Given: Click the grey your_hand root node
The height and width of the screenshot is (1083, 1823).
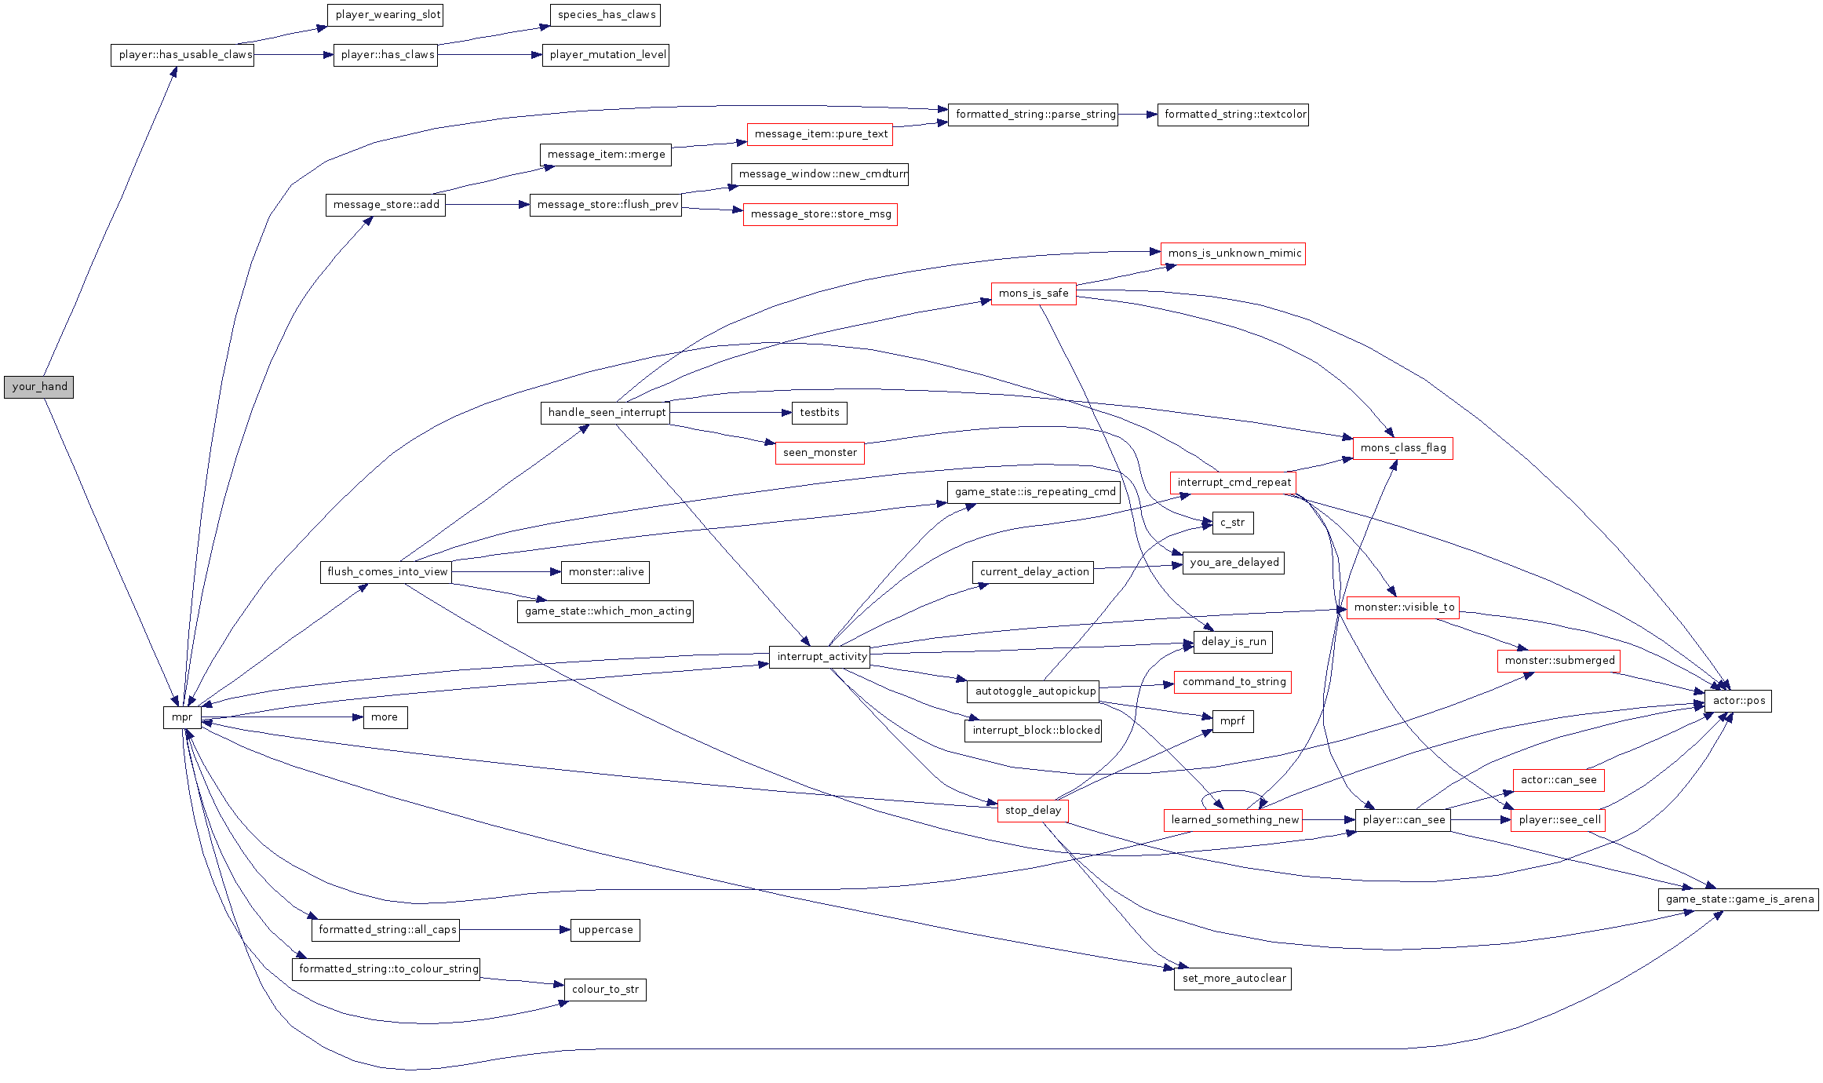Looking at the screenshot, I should tap(38, 387).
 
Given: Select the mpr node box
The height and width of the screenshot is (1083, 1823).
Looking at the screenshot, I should tap(182, 717).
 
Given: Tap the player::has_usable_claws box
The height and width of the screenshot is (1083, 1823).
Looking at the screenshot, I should tap(182, 55).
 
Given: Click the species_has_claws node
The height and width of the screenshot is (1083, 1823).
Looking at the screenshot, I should tap(606, 15).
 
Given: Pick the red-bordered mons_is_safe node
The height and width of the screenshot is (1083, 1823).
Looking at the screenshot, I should tap(1033, 294).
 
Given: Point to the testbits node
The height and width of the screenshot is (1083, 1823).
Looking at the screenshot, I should tap(819, 413).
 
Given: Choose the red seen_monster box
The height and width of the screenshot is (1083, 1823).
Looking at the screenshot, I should tap(819, 453).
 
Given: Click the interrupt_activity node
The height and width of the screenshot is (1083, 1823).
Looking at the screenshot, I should tap(821, 657).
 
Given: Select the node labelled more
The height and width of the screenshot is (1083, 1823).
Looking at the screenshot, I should tap(385, 717).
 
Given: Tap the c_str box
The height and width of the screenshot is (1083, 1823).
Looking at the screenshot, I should tap(1232, 523).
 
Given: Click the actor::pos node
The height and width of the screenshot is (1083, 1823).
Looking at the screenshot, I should tap(1738, 701).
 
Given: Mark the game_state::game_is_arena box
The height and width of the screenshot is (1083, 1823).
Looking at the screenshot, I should tap(1738, 899).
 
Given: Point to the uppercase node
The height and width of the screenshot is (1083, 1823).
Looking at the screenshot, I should tap(605, 930).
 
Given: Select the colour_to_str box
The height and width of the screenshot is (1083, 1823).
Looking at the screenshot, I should tap(605, 990).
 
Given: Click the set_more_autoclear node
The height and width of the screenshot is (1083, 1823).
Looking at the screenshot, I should tap(1233, 979).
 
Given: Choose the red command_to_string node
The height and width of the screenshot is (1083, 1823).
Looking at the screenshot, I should tap(1233, 682).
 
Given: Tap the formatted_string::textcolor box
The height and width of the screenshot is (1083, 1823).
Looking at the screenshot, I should tap(1233, 115).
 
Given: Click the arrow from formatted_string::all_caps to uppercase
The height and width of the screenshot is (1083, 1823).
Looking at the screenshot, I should tap(515, 930).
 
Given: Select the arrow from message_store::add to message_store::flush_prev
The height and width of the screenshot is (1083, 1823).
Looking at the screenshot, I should tap(487, 205).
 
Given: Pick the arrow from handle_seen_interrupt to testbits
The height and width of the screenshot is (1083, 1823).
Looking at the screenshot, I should tap(731, 413).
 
